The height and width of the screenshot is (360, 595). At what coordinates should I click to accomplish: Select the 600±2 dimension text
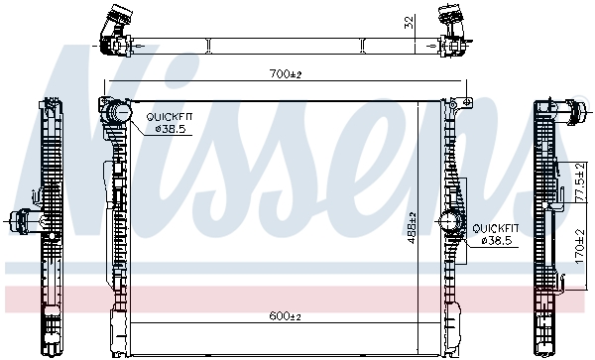point(284,316)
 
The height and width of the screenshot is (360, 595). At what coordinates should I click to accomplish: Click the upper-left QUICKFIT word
point(166,117)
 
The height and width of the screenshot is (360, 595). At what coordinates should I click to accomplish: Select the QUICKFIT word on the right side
point(494,228)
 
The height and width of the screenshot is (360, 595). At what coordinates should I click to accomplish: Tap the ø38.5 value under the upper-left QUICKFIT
point(166,128)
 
